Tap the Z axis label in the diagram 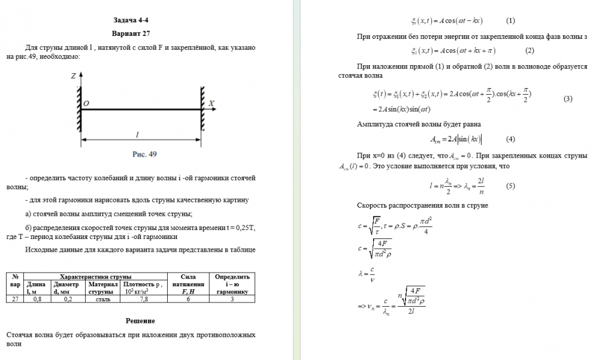pyautogui.click(x=72, y=77)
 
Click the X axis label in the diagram pyautogui.click(x=211, y=103)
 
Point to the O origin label pyautogui.click(x=86, y=104)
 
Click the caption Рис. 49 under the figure pyautogui.click(x=144, y=154)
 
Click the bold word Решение pyautogui.click(x=131, y=321)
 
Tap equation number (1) pyautogui.click(x=510, y=20)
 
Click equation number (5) pyautogui.click(x=510, y=186)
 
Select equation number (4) pyautogui.click(x=510, y=139)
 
